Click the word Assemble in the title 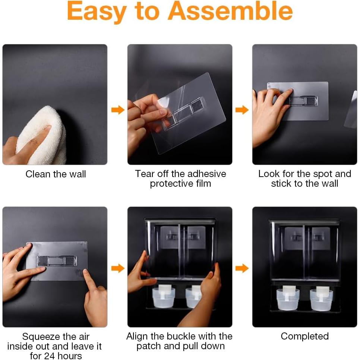[x=230, y=11]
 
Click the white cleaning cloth [x=41, y=135]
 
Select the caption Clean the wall [x=56, y=174]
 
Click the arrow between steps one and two [x=118, y=110]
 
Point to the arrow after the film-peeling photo [x=242, y=110]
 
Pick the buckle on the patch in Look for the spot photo [x=303, y=101]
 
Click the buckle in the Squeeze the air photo [x=57, y=261]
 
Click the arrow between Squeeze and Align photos [x=118, y=268]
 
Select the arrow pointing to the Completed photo [x=242, y=268]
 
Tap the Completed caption [x=305, y=337]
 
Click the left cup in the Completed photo [x=288, y=299]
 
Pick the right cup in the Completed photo [x=321, y=299]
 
